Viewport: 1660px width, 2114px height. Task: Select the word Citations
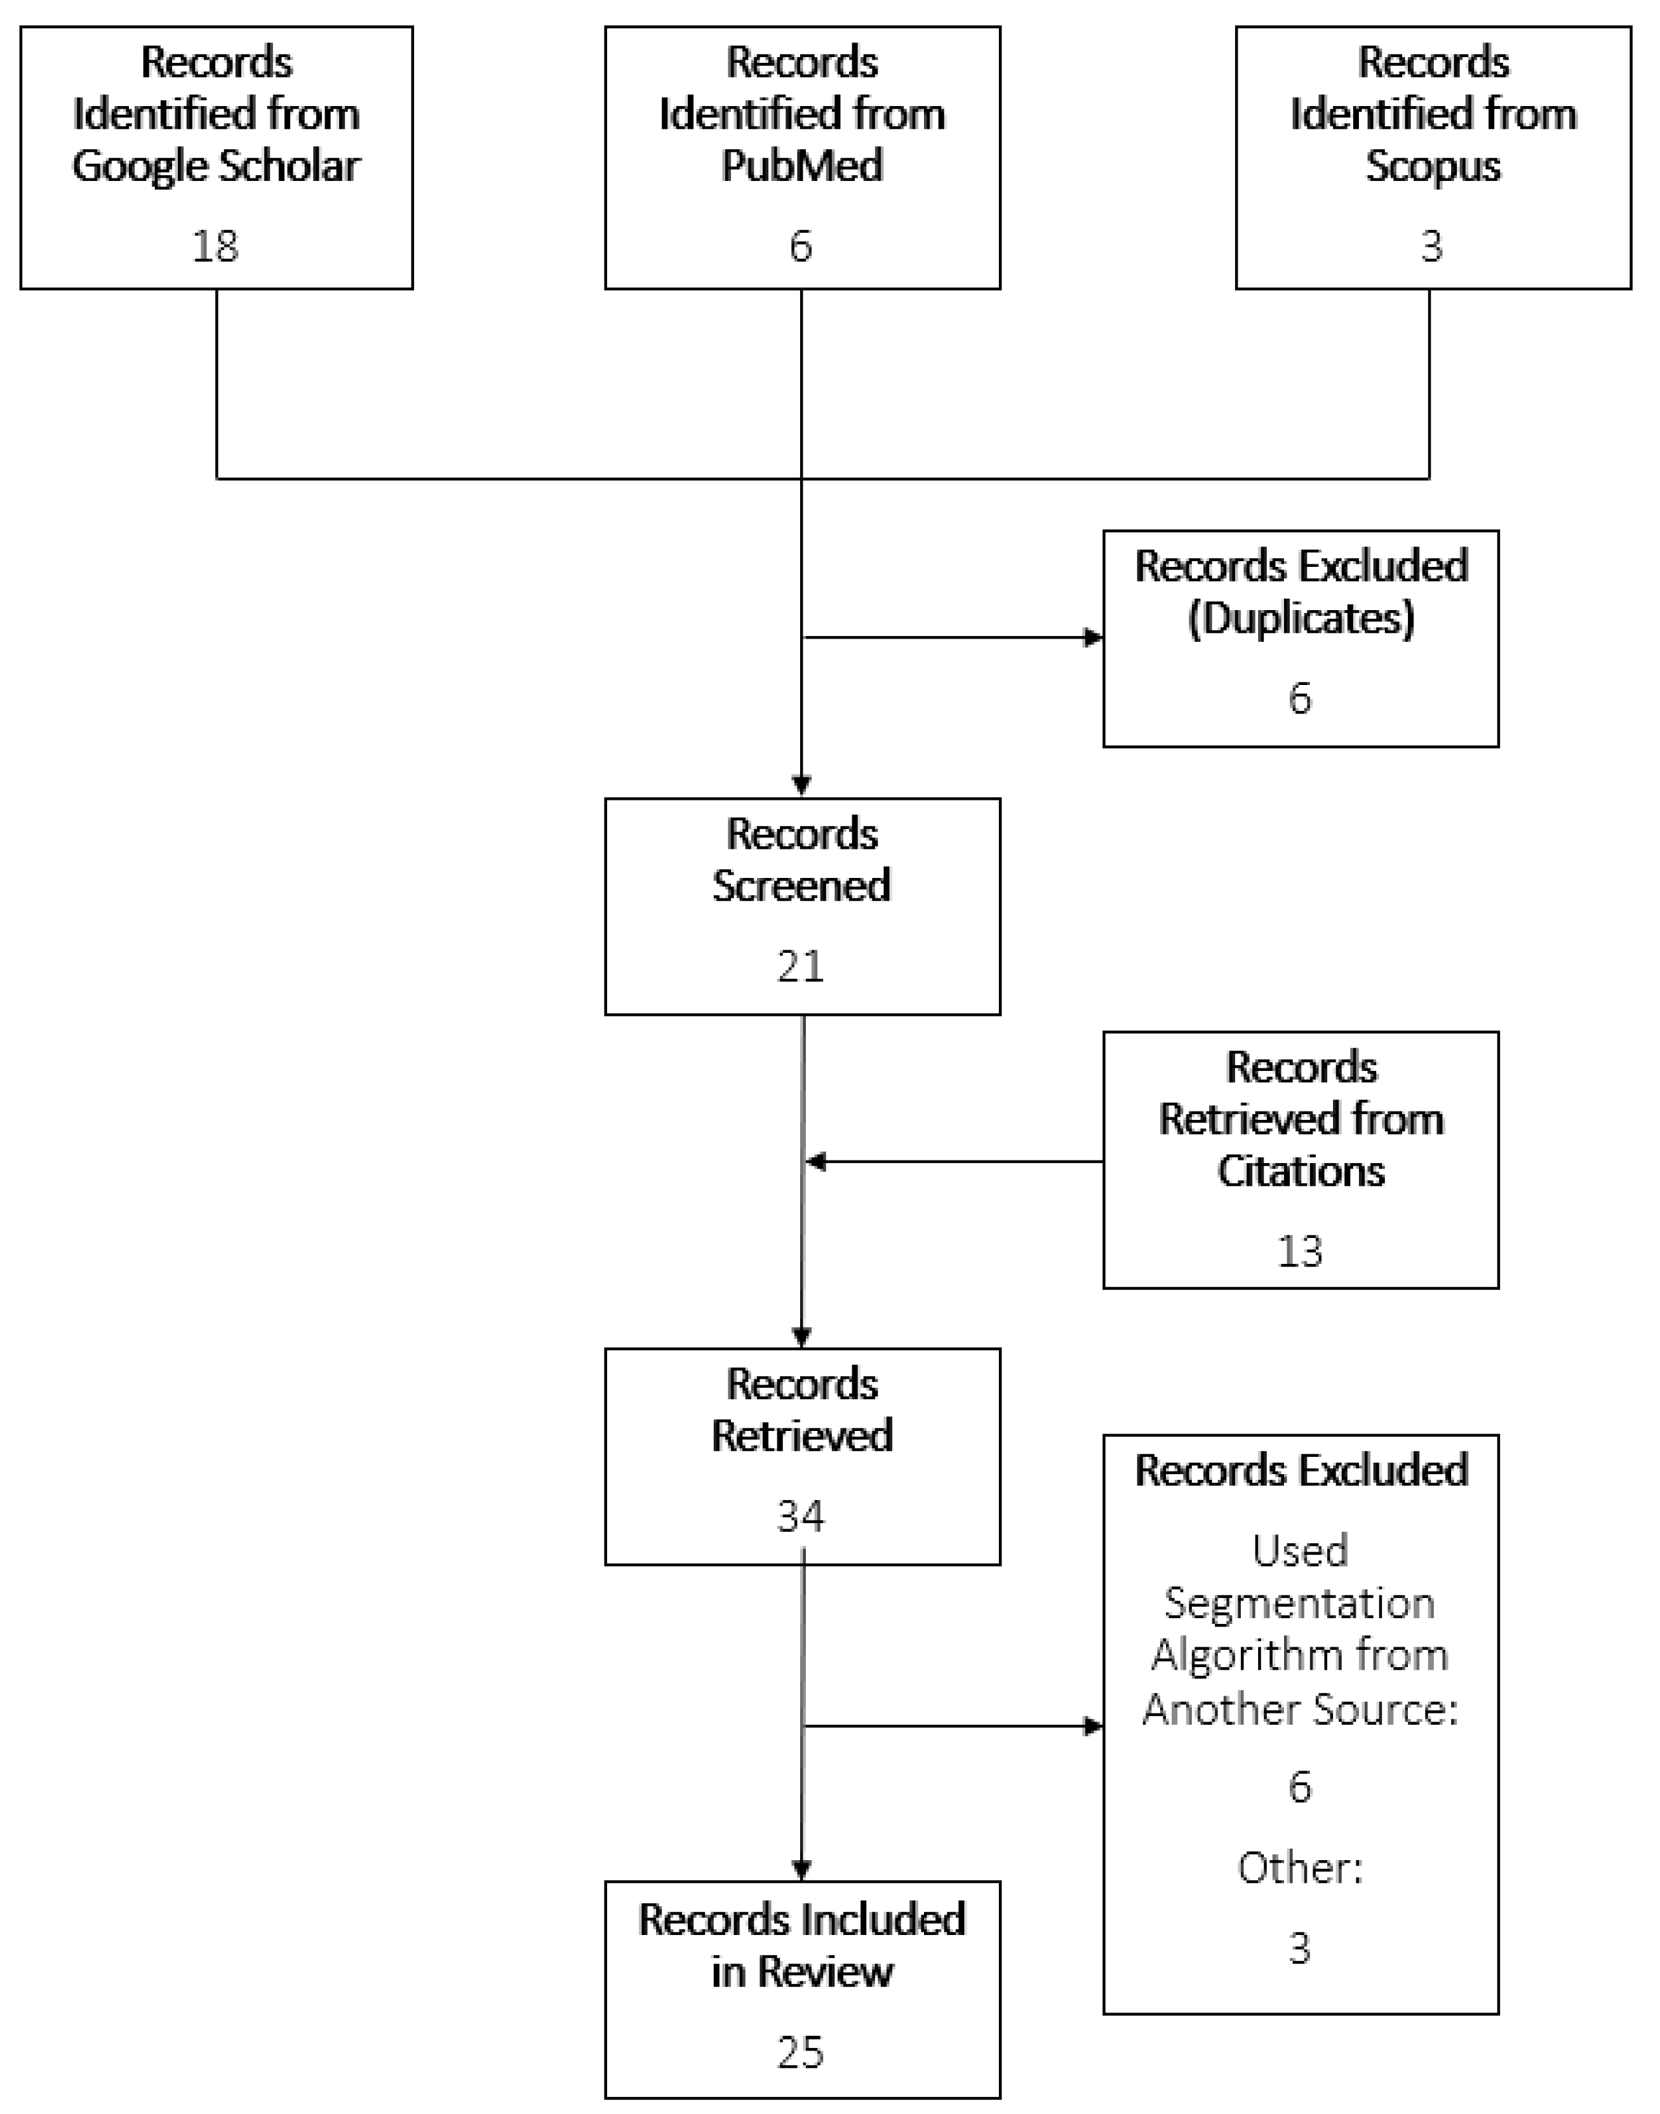(x=1301, y=1171)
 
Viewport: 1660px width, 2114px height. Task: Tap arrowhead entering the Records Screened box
(x=802, y=785)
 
